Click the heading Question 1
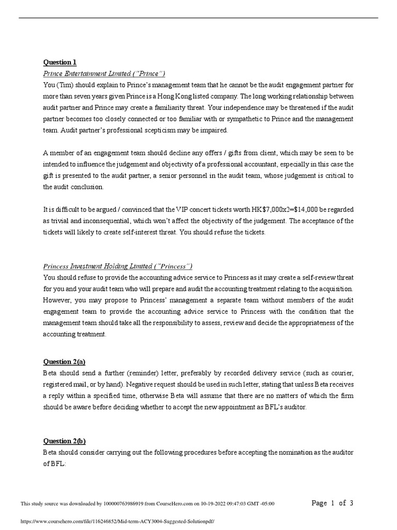pos(59,63)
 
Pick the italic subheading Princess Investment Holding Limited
pos(118,266)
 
